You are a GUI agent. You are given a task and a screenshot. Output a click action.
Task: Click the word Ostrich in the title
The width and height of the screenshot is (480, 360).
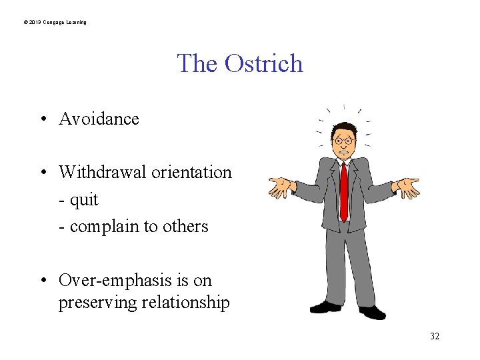264,63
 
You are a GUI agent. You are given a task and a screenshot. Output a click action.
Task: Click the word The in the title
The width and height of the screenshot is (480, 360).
197,63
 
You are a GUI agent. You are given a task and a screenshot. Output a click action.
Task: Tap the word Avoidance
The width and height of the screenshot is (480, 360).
99,119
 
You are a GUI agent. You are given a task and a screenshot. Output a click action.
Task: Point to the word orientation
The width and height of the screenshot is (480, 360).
191,172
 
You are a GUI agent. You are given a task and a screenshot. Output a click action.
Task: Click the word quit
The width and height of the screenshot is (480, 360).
83,199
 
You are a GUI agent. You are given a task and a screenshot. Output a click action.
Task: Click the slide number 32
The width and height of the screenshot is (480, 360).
434,336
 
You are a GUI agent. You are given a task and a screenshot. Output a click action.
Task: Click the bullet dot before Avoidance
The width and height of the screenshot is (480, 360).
42,119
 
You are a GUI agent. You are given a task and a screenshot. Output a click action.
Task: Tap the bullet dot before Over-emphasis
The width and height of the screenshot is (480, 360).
42,281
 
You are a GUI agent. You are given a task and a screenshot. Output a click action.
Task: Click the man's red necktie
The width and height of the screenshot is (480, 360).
344,190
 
